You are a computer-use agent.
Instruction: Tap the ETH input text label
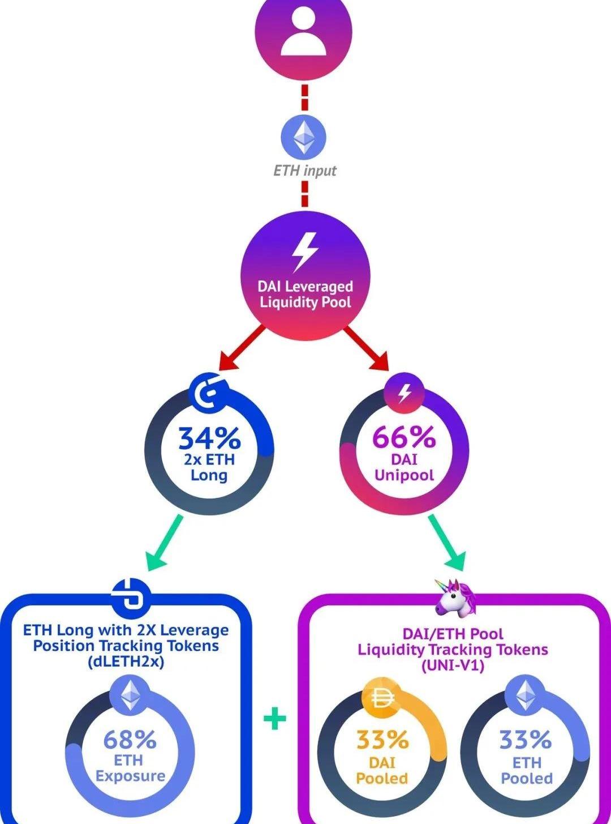click(304, 170)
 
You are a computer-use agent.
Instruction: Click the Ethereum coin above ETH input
click(304, 136)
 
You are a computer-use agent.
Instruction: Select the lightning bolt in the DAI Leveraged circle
click(304, 251)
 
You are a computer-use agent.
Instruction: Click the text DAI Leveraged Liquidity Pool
click(305, 294)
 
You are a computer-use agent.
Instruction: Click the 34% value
click(209, 438)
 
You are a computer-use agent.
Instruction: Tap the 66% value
click(404, 437)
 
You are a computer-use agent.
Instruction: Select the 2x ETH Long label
click(209, 467)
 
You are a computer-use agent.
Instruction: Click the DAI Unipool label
click(404, 467)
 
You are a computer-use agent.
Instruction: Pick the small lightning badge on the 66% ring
click(404, 392)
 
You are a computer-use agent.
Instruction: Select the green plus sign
click(275, 719)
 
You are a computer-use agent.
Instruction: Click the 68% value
click(130, 739)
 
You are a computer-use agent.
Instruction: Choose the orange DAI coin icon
click(382, 700)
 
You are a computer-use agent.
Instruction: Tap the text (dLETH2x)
click(126, 661)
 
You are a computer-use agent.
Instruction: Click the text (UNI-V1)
click(453, 665)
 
